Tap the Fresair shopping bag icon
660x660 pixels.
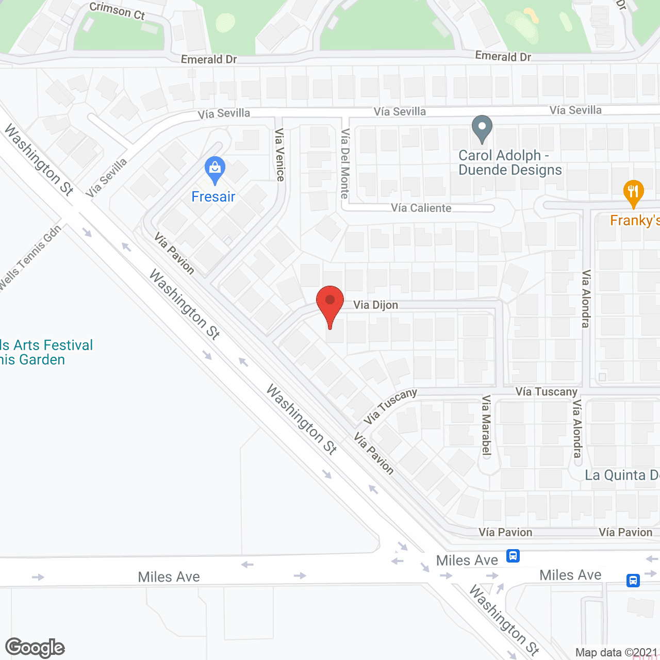[x=214, y=169]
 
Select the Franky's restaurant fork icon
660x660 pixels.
[x=633, y=192]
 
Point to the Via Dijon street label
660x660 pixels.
[x=375, y=305]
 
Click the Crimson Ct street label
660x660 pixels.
[x=117, y=11]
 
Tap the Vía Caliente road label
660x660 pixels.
[x=421, y=208]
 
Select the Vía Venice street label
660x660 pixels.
[x=280, y=155]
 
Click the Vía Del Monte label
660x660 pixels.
[x=345, y=163]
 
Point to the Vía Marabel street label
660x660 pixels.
[x=486, y=425]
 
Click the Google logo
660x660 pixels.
[x=35, y=648]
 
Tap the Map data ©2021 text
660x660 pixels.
[x=616, y=652]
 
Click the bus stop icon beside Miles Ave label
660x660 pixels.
[x=513, y=556]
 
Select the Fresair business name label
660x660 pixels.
[x=213, y=197]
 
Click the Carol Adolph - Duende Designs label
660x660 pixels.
[x=509, y=163]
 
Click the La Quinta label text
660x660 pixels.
[x=621, y=475]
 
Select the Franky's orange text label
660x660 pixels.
[x=635, y=221]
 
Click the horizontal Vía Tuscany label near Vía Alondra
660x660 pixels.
[x=547, y=392]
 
